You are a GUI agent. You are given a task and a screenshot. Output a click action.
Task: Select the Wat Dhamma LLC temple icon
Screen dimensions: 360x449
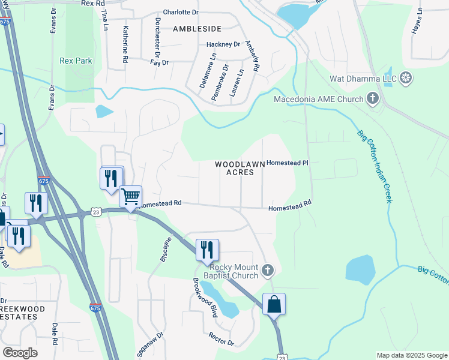point(406,78)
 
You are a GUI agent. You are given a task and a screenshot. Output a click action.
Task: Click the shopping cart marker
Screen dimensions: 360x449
point(130,196)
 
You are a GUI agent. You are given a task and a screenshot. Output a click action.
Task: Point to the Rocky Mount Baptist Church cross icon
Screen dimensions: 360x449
point(268,271)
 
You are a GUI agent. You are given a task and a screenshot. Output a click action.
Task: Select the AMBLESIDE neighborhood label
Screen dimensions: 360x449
point(197,28)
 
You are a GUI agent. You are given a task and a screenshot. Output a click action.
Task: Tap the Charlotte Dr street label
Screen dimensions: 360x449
point(180,12)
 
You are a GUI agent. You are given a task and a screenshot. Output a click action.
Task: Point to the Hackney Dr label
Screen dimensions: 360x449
point(223,44)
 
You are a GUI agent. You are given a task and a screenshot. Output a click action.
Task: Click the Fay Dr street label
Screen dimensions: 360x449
point(160,62)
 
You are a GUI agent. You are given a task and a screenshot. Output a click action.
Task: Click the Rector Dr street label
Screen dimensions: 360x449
point(221,340)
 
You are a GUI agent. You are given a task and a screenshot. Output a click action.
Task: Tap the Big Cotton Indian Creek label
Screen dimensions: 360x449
point(375,166)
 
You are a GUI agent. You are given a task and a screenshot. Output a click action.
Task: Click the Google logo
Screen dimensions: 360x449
point(20,352)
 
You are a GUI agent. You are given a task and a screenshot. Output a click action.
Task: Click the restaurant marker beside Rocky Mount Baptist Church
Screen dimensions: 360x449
point(207,250)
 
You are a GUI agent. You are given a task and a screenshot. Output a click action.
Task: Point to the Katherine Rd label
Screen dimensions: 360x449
point(126,44)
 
